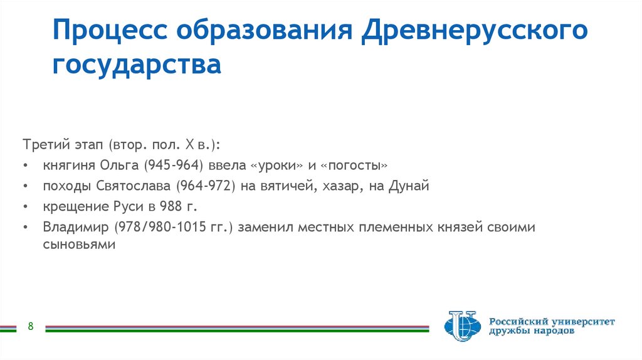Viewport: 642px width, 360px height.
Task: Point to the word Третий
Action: click(x=43, y=145)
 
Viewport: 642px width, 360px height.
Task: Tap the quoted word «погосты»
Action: click(x=354, y=166)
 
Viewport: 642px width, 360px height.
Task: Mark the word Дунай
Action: click(x=410, y=186)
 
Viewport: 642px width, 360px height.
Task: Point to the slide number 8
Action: click(x=30, y=326)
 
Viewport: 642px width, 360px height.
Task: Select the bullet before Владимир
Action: click(x=24, y=227)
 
